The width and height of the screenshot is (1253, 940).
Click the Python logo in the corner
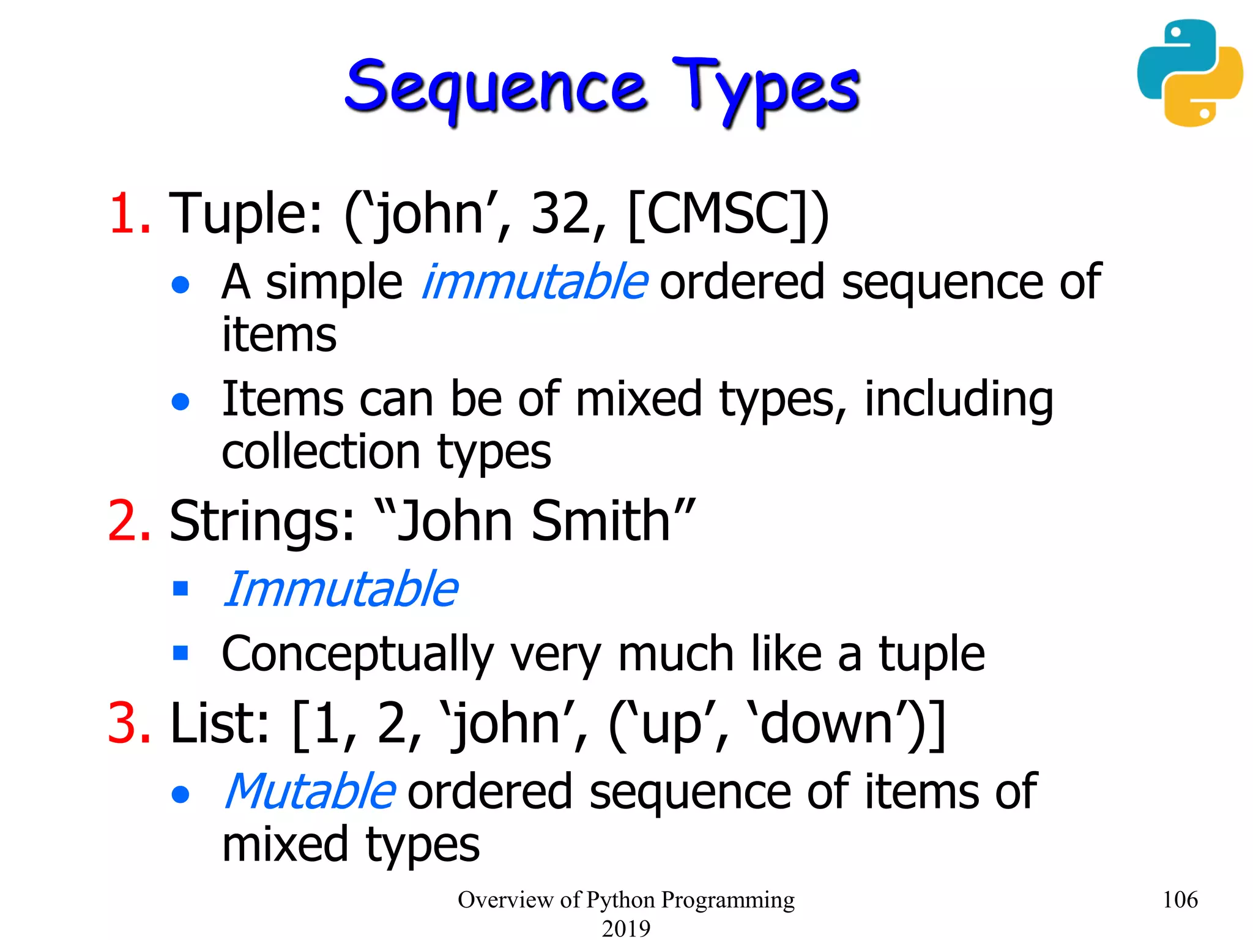[1189, 73]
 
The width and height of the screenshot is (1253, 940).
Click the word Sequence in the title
[496, 88]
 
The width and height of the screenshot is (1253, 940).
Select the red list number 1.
[129, 214]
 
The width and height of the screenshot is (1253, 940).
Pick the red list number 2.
[129, 521]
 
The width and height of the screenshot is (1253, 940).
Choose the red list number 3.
[129, 723]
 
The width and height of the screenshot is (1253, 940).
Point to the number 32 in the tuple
[560, 214]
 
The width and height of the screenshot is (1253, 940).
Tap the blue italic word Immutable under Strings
[340, 589]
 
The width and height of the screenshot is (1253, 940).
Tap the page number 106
[1180, 900]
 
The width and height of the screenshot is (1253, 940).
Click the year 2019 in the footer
[626, 928]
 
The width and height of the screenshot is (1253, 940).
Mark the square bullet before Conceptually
[180, 652]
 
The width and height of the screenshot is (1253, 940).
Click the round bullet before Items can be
[180, 401]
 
